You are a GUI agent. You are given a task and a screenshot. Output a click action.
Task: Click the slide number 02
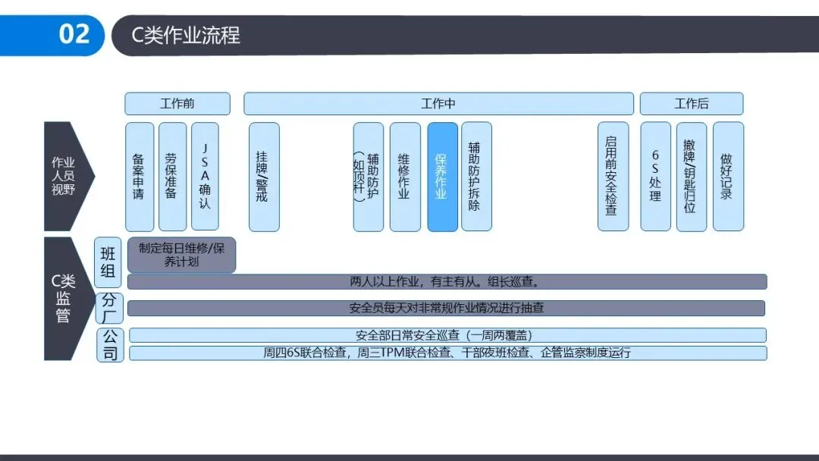(74, 35)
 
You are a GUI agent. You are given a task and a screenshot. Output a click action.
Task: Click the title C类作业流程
(186, 36)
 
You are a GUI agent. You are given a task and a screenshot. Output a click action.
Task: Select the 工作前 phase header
(177, 104)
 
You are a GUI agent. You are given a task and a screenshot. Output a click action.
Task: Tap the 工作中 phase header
(438, 104)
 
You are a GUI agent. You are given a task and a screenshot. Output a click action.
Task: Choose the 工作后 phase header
(692, 104)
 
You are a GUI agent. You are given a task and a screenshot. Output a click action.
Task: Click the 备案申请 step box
(139, 177)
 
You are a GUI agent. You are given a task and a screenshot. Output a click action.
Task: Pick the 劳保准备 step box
(172, 177)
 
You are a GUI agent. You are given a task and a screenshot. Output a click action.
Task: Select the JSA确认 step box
(205, 177)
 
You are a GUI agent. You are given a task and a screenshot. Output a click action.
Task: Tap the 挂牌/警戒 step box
(263, 177)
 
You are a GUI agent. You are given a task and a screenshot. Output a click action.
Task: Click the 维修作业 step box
(404, 177)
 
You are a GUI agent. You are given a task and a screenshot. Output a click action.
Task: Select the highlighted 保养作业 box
(442, 177)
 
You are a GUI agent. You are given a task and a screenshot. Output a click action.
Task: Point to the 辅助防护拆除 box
(475, 177)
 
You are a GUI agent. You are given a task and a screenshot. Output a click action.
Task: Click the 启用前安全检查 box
(613, 177)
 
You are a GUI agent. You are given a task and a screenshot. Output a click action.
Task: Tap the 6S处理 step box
(655, 177)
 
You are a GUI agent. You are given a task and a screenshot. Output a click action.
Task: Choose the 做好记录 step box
(727, 177)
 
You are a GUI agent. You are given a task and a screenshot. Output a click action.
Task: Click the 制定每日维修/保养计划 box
(181, 256)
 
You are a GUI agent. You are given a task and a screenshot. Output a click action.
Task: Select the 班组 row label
(108, 260)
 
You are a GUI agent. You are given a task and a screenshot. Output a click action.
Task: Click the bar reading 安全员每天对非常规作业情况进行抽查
(446, 309)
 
